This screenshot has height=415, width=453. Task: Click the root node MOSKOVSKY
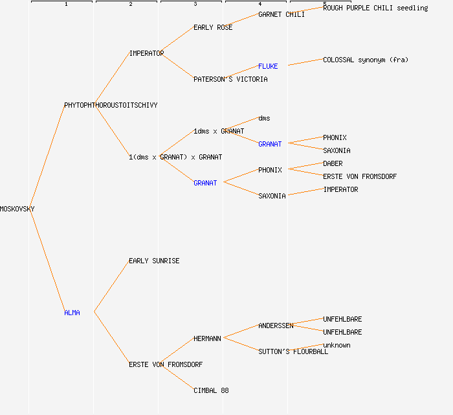coord(17,209)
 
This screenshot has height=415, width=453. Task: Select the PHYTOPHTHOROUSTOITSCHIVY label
coord(111,105)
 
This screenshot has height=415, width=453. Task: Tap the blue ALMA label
coord(72,313)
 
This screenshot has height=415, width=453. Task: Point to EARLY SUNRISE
coord(154,261)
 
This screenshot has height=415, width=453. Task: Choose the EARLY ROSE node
coord(213,27)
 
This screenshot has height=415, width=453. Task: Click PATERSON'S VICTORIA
coord(230,79)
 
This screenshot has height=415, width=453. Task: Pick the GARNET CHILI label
coord(282,14)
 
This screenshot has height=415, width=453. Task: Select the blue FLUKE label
coord(268,66)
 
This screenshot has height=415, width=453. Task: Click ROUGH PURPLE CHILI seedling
coord(375,8)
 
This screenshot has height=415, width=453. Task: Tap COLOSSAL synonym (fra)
coord(366,60)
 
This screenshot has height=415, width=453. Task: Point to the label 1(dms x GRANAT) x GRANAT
coord(175,157)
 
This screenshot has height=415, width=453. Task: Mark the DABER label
coord(333,163)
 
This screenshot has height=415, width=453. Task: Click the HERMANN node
coord(207,338)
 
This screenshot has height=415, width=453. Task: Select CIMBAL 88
coord(211,390)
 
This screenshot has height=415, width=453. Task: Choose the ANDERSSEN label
coord(276,326)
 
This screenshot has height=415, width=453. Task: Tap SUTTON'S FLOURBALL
coord(293,351)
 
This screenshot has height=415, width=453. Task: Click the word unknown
coord(337,345)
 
